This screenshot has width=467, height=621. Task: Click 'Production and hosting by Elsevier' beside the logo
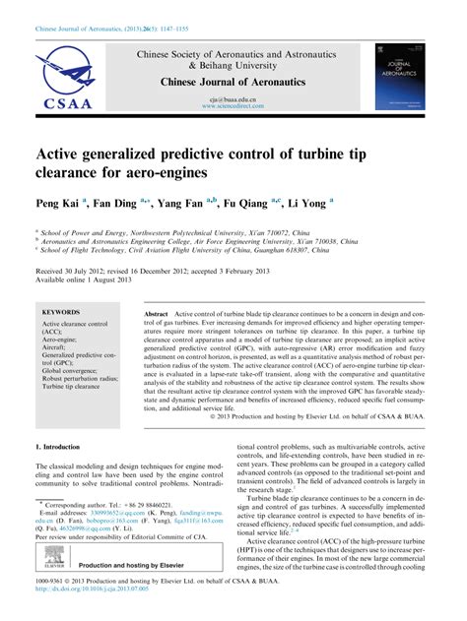(x=134, y=580)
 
